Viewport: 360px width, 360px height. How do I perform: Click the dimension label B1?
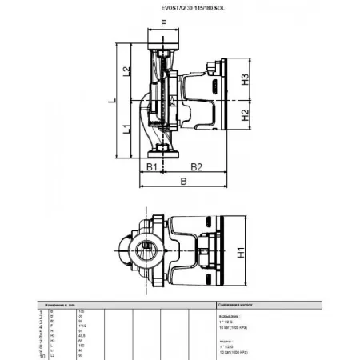pyautogui.click(x=150, y=166)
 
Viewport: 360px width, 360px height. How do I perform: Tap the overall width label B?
pyautogui.click(x=185, y=182)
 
